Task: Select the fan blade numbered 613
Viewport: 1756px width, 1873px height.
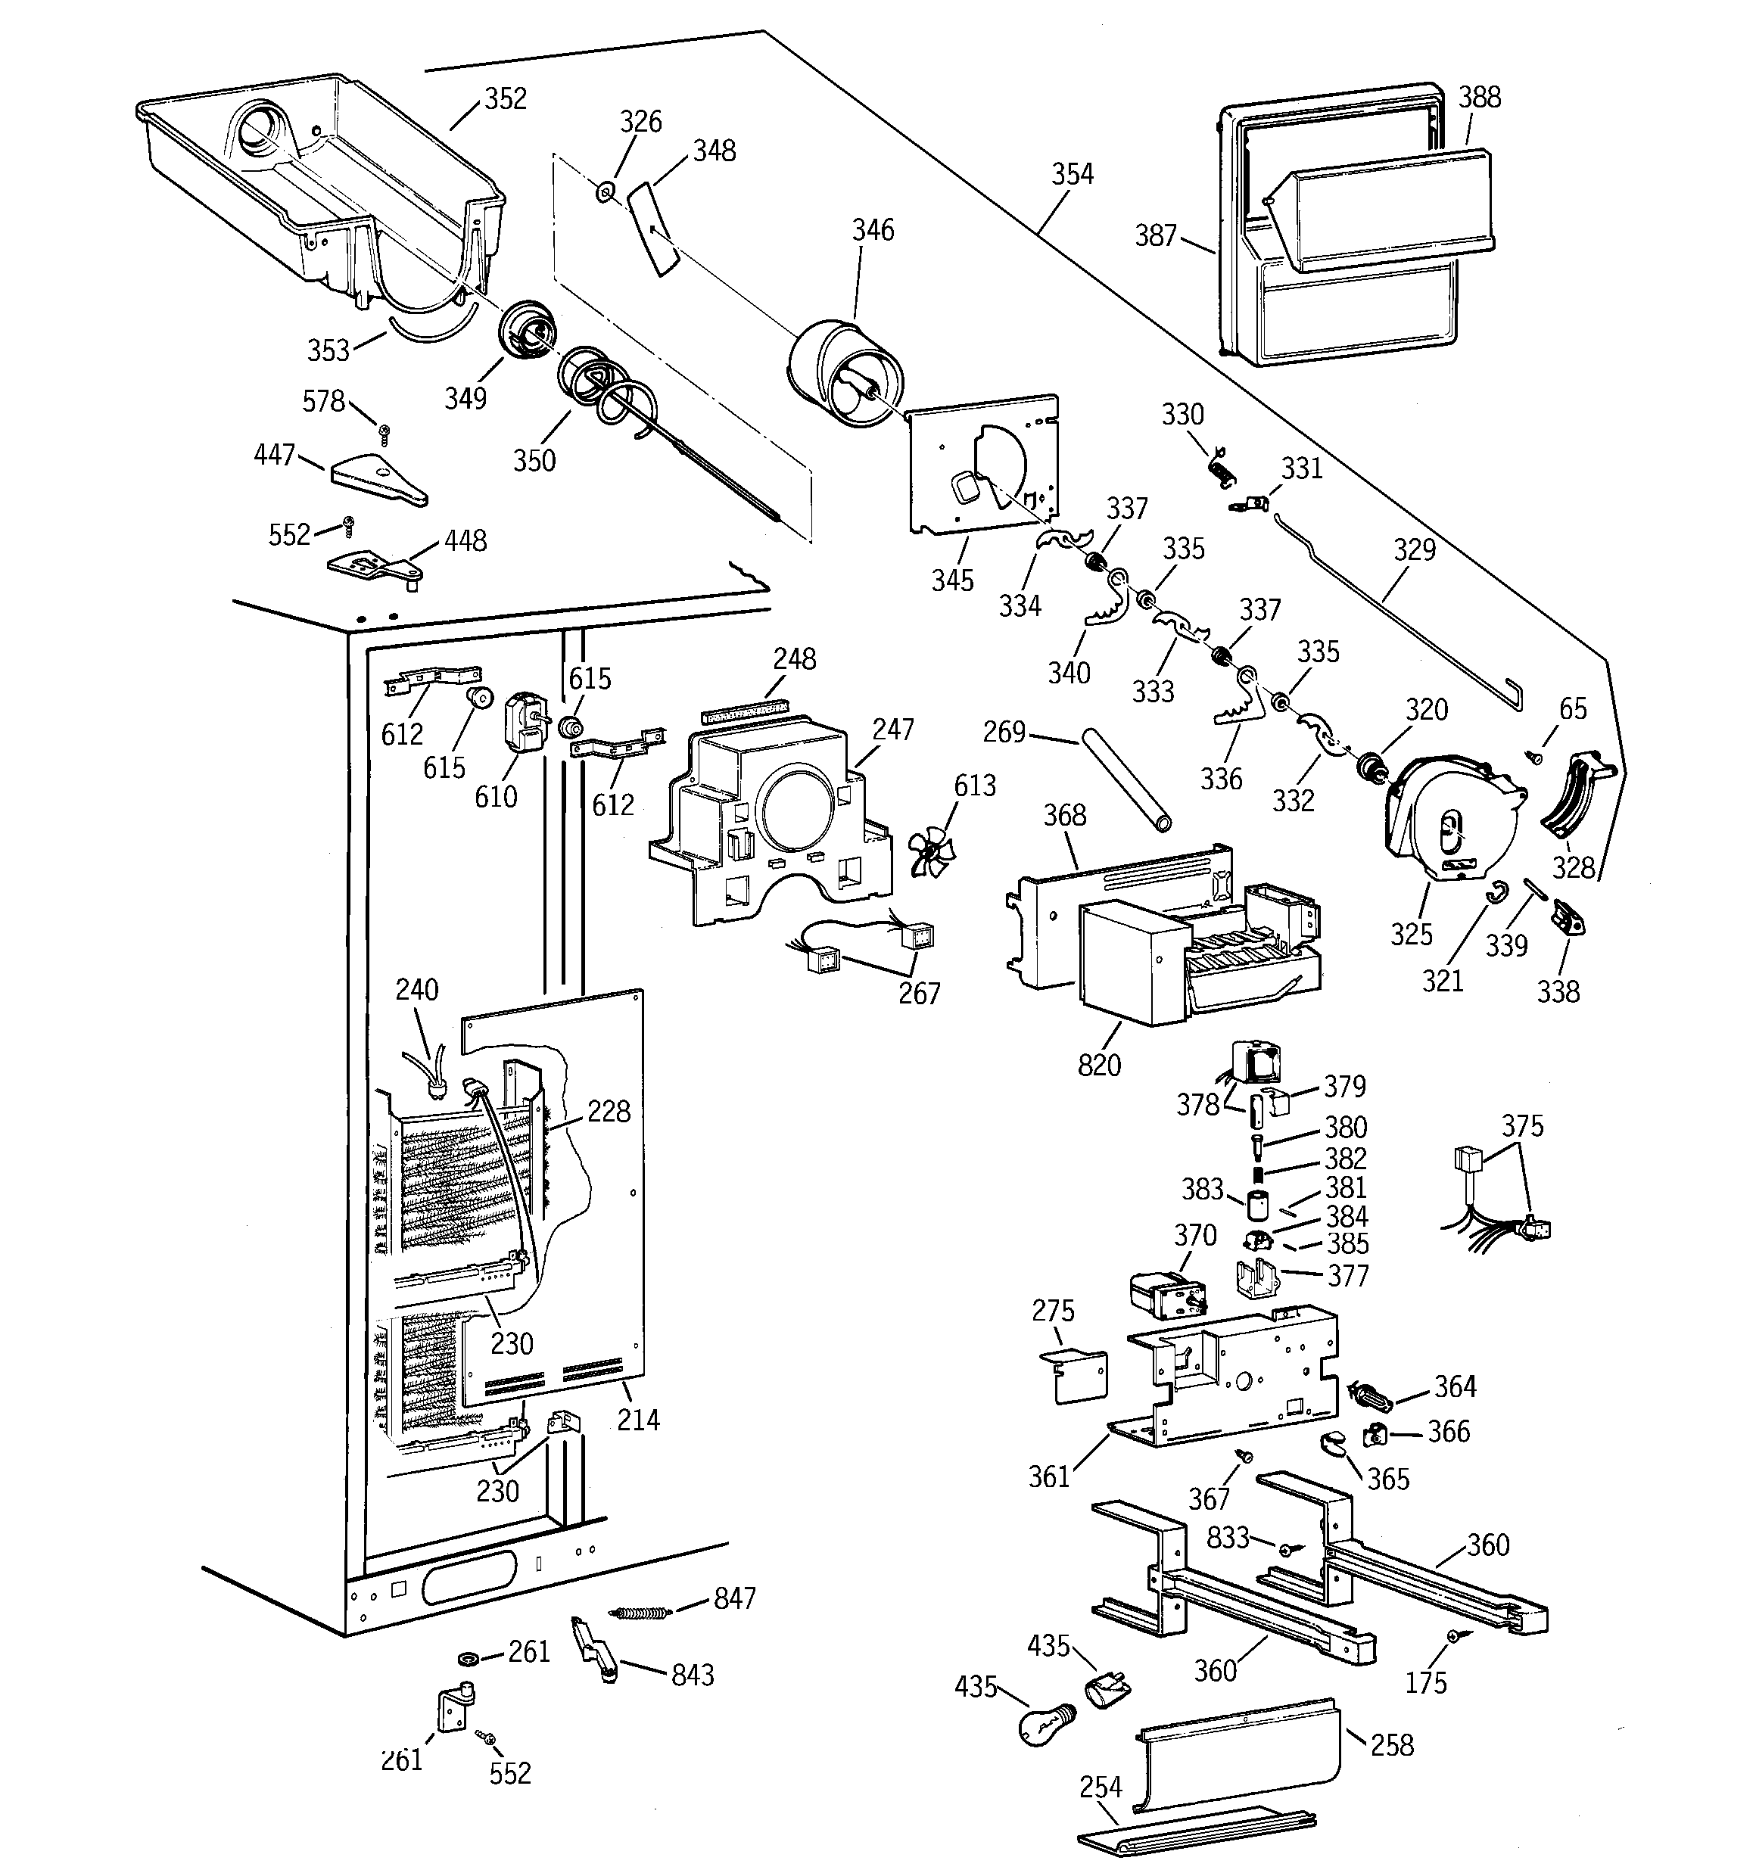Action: [931, 850]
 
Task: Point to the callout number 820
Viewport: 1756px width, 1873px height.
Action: [1099, 1066]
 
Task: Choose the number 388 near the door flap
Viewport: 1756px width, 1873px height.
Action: [1479, 97]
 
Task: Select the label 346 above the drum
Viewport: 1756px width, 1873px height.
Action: [873, 230]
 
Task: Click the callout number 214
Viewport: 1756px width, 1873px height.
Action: [638, 1420]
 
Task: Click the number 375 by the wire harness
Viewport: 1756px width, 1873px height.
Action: [1522, 1126]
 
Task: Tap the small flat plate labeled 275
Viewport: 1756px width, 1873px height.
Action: [1075, 1377]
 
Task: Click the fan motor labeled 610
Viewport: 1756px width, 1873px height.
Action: [520, 723]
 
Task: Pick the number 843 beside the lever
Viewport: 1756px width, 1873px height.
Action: [692, 1675]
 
